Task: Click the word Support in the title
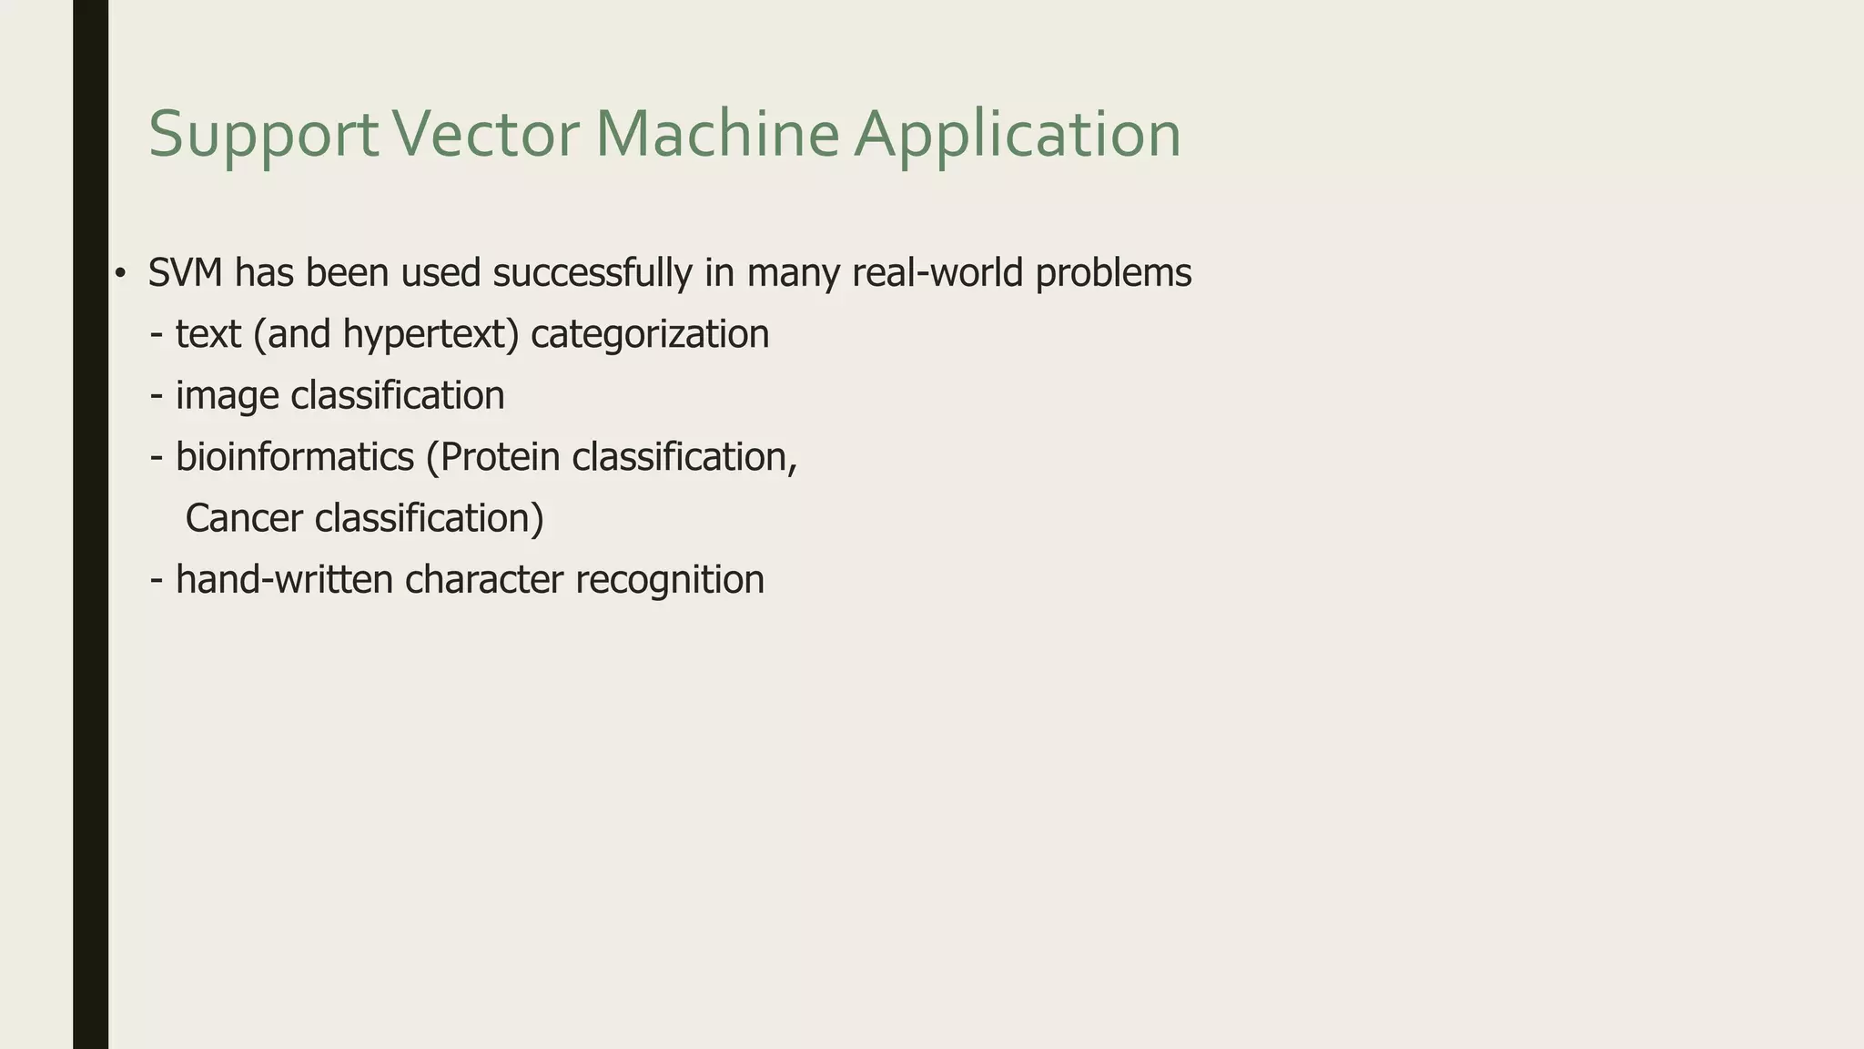[263, 135]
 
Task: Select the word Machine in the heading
[717, 135]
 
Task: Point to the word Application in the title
[1017, 135]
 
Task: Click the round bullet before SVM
[119, 273]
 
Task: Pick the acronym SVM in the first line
[185, 273]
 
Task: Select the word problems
[1113, 273]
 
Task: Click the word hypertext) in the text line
[431, 334]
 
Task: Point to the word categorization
[650, 334]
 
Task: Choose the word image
[227, 396]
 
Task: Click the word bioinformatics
[294, 457]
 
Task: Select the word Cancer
[244, 518]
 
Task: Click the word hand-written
[284, 580]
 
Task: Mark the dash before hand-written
[157, 580]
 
